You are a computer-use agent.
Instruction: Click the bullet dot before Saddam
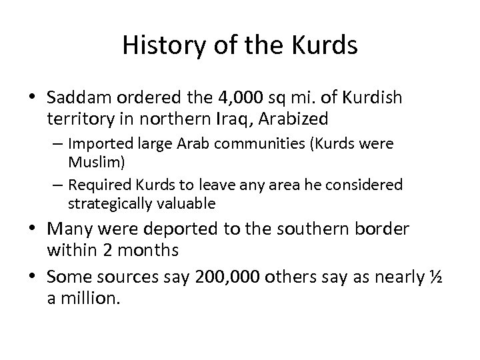(37, 98)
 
